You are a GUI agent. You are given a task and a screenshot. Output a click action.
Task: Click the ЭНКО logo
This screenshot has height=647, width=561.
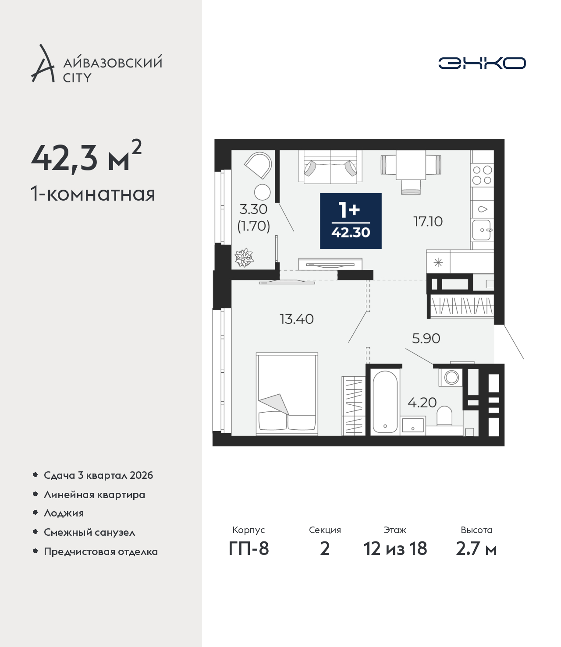482,63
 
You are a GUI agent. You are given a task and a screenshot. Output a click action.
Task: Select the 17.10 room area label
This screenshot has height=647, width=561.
428,222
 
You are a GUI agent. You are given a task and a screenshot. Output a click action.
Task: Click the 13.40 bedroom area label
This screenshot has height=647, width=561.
297,319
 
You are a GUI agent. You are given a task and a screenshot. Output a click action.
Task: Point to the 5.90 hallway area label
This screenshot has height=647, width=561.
426,338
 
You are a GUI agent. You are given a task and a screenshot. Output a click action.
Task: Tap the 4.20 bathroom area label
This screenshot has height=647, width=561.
422,403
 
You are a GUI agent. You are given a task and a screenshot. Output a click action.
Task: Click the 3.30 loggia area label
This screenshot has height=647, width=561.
253,209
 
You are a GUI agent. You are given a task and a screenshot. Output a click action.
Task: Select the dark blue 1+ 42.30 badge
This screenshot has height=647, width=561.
351,221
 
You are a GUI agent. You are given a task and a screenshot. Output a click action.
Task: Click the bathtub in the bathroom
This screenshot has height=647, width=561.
385,402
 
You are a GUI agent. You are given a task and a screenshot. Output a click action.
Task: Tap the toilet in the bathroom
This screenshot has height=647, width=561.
444,415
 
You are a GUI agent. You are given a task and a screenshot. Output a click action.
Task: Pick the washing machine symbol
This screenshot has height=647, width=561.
451,377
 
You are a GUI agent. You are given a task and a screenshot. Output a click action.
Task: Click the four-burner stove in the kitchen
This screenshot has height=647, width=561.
483,175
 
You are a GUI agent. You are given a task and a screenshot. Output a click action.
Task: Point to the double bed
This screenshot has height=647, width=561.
287,394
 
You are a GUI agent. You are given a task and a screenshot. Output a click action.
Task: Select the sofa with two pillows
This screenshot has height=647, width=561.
330,167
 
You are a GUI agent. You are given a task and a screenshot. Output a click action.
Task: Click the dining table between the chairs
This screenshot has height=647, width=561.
411,165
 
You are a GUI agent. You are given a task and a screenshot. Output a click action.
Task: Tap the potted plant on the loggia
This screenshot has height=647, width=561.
244,257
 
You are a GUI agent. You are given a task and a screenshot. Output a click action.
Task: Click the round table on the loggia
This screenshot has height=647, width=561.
262,192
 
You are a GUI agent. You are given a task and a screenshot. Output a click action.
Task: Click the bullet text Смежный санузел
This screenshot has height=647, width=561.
89,532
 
